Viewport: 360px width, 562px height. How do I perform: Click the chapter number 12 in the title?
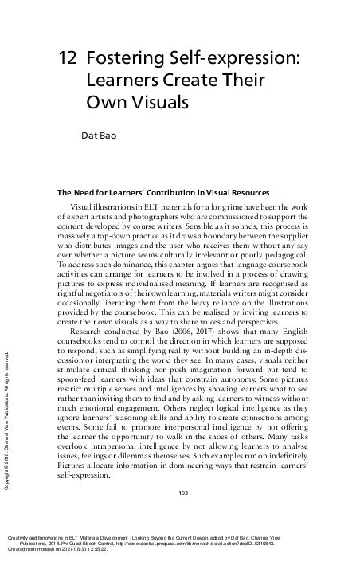[x=67, y=59]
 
